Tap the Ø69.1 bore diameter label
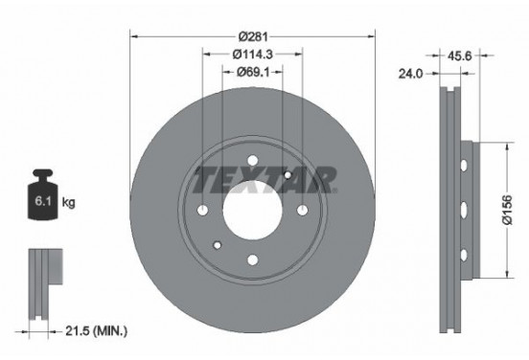252,71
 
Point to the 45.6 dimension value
459,56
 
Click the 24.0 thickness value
412,72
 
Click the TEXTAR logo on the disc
265,179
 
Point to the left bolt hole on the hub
203,211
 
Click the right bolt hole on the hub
302,211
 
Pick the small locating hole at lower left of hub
218,244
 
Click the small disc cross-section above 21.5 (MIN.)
42,278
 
